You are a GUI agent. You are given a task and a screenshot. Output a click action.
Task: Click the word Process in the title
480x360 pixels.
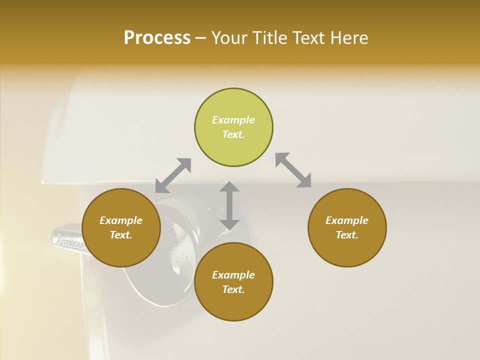pyautogui.click(x=157, y=38)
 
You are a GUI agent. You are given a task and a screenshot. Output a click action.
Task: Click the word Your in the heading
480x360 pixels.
pyautogui.click(x=230, y=38)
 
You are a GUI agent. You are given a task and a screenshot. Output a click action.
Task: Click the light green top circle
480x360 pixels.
pyautogui.click(x=233, y=127)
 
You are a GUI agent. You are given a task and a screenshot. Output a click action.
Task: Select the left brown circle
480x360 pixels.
pyautogui.click(x=121, y=227)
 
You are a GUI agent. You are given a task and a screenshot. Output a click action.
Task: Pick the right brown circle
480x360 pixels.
pyautogui.click(x=347, y=227)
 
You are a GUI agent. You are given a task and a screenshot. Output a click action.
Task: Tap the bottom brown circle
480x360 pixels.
pyautogui.click(x=233, y=281)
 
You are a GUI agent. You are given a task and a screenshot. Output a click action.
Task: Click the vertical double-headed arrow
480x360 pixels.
pyautogui.click(x=229, y=205)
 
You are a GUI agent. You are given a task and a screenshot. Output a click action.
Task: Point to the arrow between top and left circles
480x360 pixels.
pyautogui.click(x=173, y=175)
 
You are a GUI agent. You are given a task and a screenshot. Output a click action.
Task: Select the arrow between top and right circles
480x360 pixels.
pyautogui.click(x=293, y=170)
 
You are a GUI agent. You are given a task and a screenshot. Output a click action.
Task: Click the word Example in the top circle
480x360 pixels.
pyautogui.click(x=233, y=120)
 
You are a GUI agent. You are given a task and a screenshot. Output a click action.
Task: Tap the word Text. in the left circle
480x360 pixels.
pyautogui.click(x=121, y=235)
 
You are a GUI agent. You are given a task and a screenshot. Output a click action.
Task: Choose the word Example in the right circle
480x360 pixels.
pyautogui.click(x=347, y=220)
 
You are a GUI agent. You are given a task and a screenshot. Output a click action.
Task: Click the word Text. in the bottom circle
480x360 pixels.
pyautogui.click(x=233, y=289)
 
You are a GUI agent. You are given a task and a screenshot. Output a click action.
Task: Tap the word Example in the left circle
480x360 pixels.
pyautogui.click(x=121, y=220)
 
